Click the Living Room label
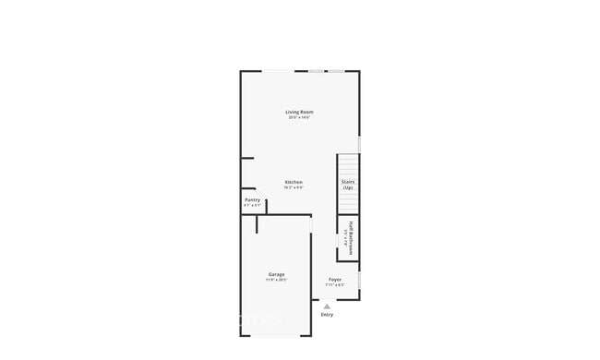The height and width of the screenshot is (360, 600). (x=299, y=112)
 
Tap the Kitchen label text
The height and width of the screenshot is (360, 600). (x=294, y=182)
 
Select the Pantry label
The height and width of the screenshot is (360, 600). (x=252, y=199)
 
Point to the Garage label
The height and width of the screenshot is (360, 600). (x=276, y=274)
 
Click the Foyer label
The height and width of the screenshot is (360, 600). (x=334, y=279)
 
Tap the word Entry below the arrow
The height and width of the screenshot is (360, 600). (x=327, y=315)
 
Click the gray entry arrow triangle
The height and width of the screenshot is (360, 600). (x=327, y=306)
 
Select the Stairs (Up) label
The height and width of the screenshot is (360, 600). (x=348, y=185)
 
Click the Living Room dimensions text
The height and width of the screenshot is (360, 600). (x=299, y=118)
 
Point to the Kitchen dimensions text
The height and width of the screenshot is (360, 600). (x=294, y=187)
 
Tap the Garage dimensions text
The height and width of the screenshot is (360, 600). (x=276, y=280)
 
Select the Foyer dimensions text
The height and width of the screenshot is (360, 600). (x=334, y=284)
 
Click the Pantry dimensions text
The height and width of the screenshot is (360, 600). (x=252, y=205)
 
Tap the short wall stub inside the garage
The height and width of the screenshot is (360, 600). (x=258, y=224)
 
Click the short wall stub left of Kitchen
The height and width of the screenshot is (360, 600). (x=246, y=158)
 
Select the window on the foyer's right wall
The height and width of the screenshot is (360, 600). (x=359, y=279)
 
